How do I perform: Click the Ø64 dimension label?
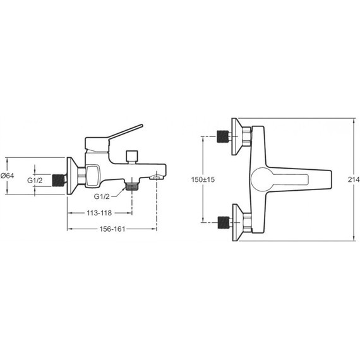click(x=8, y=176)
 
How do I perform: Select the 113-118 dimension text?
click(x=99, y=213)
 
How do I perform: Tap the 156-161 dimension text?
click(x=112, y=229)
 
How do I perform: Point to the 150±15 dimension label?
click(x=203, y=179)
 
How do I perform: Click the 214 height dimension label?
click(x=354, y=179)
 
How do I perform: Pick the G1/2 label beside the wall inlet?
click(x=35, y=181)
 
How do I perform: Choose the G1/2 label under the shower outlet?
click(x=102, y=196)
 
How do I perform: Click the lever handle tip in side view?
click(x=141, y=126)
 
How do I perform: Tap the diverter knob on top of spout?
click(x=132, y=157)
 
